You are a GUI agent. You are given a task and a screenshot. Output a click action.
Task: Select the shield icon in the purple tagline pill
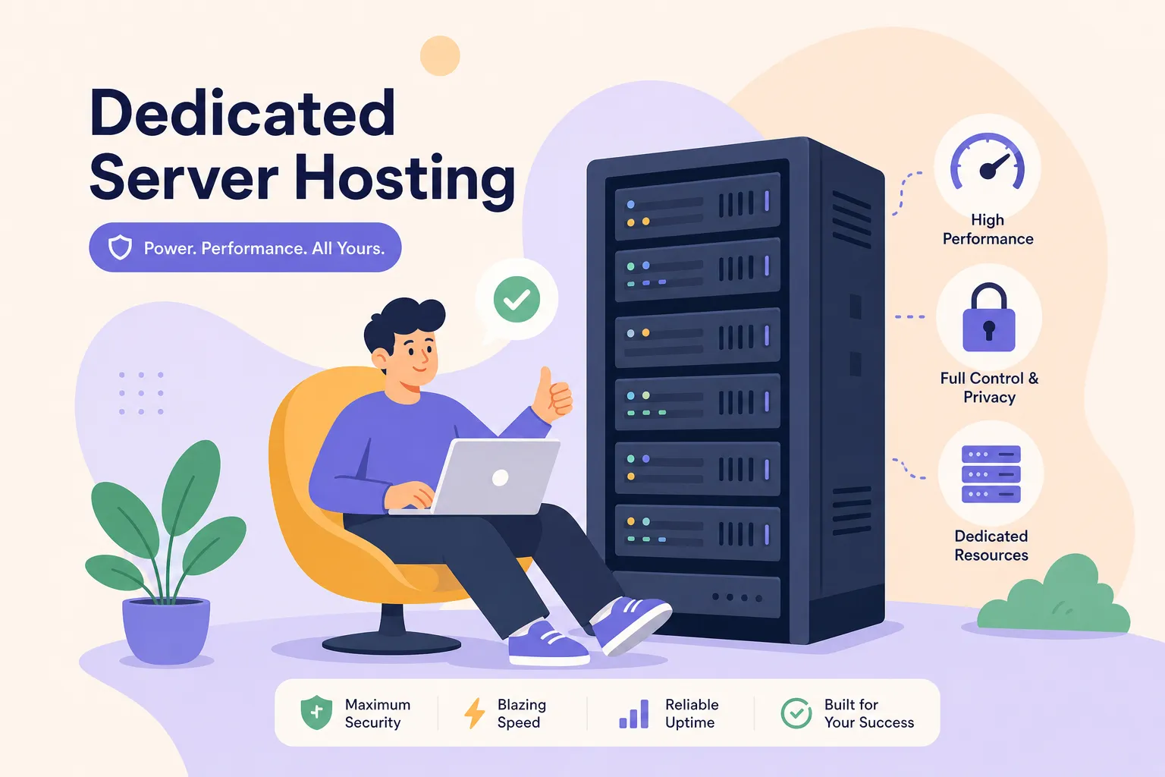(x=120, y=247)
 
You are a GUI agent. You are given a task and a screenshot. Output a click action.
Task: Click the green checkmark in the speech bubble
(x=517, y=299)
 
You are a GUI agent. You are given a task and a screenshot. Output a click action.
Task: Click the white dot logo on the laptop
(x=501, y=477)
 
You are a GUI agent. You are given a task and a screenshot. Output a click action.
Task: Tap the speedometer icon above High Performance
(x=987, y=162)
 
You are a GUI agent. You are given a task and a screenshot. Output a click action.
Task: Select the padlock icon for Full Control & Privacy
(x=989, y=317)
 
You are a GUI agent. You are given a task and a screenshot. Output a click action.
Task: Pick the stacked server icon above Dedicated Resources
(x=991, y=474)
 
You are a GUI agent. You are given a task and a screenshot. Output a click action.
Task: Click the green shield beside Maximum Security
(x=316, y=712)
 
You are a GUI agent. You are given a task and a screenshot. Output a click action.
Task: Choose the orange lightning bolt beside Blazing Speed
(x=474, y=713)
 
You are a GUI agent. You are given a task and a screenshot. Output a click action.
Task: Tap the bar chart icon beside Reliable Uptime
(x=634, y=713)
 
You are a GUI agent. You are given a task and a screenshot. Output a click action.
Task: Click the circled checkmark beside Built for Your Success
(x=796, y=713)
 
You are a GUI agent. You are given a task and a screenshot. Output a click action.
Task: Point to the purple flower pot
(x=166, y=631)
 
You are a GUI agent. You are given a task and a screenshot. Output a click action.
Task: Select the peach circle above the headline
(x=440, y=55)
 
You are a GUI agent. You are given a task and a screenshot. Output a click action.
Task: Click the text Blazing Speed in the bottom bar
(x=522, y=713)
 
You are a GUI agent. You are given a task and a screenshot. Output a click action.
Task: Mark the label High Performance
(x=988, y=229)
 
